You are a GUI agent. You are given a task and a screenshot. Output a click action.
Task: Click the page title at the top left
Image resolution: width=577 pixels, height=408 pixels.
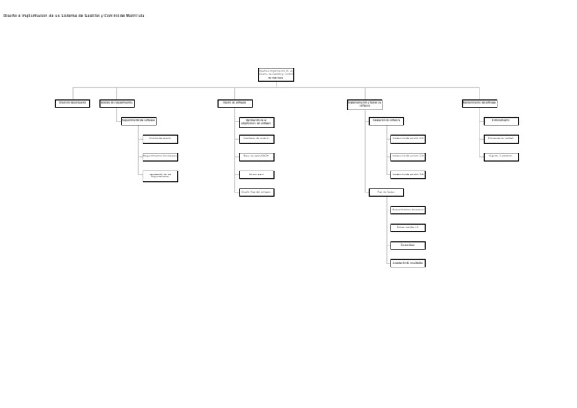(x=74, y=16)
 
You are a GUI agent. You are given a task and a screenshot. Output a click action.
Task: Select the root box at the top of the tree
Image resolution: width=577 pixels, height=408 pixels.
(x=276, y=74)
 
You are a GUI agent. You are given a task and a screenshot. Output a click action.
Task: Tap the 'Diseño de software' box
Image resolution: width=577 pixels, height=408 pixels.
(x=235, y=104)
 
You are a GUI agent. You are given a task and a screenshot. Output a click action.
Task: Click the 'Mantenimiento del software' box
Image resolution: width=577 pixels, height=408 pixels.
(x=479, y=104)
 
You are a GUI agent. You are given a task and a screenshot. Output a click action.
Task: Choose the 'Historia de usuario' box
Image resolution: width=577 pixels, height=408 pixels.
(x=160, y=139)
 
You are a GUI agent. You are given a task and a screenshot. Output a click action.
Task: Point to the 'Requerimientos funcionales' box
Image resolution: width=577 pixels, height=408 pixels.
(x=160, y=157)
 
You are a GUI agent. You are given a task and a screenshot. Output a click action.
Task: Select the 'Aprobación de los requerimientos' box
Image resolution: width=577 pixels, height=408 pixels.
(x=160, y=176)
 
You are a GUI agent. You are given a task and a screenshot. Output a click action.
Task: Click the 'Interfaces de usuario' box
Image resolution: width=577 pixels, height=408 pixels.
(x=256, y=139)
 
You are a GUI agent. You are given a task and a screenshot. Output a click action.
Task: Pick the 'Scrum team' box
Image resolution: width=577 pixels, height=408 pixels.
(x=256, y=174)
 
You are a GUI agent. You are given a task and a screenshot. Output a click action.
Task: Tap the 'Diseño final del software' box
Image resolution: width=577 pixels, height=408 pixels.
(x=256, y=192)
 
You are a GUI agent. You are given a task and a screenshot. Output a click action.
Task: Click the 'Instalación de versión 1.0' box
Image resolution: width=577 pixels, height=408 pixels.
(x=408, y=139)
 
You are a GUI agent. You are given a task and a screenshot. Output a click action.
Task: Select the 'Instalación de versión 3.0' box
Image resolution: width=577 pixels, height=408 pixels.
(x=408, y=174)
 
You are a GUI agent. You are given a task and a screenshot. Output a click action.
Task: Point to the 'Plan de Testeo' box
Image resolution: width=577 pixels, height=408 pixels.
(x=386, y=192)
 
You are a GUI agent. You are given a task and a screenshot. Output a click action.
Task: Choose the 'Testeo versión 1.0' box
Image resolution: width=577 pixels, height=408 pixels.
(x=408, y=228)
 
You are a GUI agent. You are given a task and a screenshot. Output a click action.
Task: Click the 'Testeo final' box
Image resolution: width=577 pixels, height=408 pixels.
(x=408, y=246)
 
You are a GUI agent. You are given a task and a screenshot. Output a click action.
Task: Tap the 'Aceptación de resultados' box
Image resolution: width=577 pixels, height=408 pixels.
(x=408, y=263)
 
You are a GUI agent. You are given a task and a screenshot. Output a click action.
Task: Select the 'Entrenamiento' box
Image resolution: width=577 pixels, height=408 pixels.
(x=501, y=121)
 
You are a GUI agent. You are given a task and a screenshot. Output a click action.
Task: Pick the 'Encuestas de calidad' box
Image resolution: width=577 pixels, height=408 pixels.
(x=501, y=139)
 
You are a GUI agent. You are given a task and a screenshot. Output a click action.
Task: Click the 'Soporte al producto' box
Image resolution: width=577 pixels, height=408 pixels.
(x=501, y=157)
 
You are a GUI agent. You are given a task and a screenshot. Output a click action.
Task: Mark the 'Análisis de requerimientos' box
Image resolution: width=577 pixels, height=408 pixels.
(x=117, y=104)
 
